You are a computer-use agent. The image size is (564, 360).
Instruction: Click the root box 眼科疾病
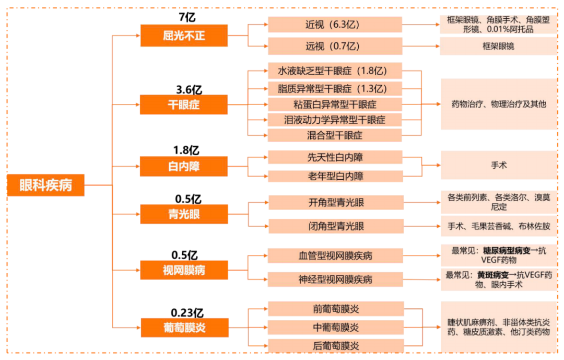(x=45, y=185)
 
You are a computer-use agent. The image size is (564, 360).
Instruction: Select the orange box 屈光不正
(x=184, y=36)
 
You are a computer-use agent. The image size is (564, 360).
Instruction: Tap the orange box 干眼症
(x=184, y=104)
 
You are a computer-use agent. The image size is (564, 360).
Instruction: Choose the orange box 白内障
(x=184, y=166)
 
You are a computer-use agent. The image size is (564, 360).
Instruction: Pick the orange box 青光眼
(x=184, y=214)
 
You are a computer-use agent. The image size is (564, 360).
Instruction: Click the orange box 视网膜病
(x=184, y=270)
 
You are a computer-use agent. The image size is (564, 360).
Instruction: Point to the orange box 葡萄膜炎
(x=184, y=328)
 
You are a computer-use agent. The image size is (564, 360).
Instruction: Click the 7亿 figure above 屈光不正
(x=187, y=17)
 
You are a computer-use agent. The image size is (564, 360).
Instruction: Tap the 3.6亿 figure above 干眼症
(x=189, y=89)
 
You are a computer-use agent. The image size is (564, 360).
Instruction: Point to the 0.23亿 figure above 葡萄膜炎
(x=187, y=312)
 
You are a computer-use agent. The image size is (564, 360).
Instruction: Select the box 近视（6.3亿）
(x=335, y=25)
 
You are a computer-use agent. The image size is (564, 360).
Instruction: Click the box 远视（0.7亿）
(x=335, y=46)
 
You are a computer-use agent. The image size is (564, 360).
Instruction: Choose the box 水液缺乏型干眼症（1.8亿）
(x=335, y=71)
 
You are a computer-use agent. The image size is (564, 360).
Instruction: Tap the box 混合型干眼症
(x=335, y=135)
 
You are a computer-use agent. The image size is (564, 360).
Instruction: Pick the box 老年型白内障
(x=335, y=176)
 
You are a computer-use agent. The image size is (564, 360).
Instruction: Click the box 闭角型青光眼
(x=336, y=226)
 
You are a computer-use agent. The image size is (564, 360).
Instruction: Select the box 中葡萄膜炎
(x=336, y=328)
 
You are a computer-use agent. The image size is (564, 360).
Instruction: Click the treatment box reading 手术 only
(x=499, y=165)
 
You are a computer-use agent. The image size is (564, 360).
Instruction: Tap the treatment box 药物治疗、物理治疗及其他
(x=499, y=104)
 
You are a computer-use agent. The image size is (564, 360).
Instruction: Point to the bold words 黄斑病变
(x=493, y=275)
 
